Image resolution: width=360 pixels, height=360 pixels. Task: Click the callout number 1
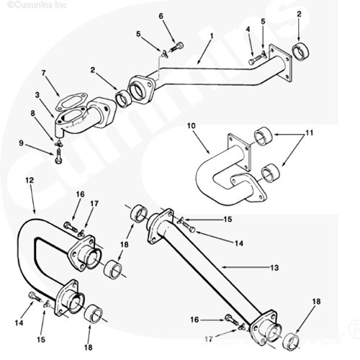pos(212,36)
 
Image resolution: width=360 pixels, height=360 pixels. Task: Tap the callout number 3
pos(37,95)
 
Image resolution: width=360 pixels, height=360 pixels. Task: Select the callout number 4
pos(248,30)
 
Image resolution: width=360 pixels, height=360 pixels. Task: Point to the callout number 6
pos(161,16)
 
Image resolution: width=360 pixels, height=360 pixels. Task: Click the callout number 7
pos(43,73)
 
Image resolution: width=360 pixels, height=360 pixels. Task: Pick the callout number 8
pos(33,113)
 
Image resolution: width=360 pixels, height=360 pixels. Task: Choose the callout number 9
pos(22,143)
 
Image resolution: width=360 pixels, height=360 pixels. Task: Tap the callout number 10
pos(192,126)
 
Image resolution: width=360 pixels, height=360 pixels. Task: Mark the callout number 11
pos(310,132)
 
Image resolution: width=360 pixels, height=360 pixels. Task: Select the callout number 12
pos(30,180)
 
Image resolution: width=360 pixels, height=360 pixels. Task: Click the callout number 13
pos(274,268)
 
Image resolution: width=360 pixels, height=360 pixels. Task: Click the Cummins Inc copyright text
pos(37,5)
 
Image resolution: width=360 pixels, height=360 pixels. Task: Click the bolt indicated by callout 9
pos(58,156)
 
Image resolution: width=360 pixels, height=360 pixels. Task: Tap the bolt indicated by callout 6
pos(176,47)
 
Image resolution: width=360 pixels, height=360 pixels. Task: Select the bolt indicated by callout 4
pos(256,60)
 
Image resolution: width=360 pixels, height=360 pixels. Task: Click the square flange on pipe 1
pos(281,63)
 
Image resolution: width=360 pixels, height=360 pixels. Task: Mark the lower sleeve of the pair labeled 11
pos(271,173)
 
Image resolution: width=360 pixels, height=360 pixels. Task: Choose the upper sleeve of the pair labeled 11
pos(264,135)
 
